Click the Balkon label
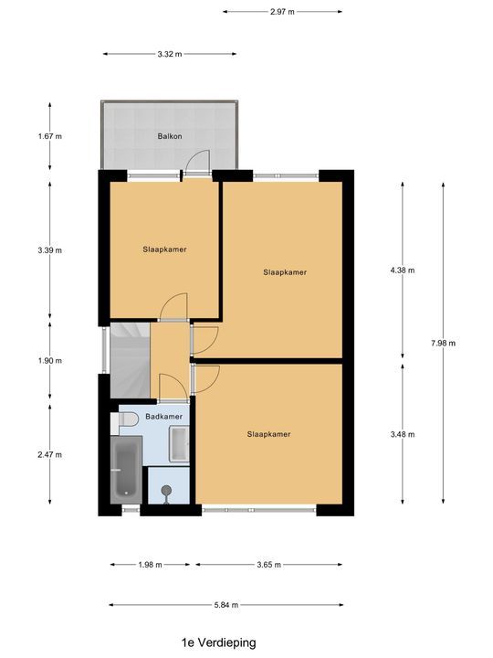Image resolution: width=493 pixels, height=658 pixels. click(170, 136)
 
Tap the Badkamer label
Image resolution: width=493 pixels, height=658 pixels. click(164, 417)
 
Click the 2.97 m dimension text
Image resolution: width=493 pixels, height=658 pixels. click(282, 12)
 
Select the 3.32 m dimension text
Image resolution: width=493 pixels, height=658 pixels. click(170, 54)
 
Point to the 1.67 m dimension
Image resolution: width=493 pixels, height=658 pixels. click(50, 136)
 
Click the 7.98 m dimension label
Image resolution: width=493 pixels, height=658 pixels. click(443, 344)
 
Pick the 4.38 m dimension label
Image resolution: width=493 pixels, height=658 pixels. click(403, 271)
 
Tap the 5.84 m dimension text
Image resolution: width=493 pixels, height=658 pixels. click(226, 605)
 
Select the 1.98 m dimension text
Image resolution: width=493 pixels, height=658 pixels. click(150, 565)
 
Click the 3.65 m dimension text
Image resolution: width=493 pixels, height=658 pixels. click(269, 565)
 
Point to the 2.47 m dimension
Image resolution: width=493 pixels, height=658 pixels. click(50, 454)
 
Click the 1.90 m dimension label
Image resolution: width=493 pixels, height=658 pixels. click(50, 360)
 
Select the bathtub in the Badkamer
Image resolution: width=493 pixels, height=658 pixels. click(126, 470)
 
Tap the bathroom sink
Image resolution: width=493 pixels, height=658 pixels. click(179, 444)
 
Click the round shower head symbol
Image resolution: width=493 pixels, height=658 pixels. click(166, 489)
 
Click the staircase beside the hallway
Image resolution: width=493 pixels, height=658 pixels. click(130, 361)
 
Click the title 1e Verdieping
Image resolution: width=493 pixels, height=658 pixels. click(218, 642)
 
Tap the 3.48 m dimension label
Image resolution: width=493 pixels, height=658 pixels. click(403, 434)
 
